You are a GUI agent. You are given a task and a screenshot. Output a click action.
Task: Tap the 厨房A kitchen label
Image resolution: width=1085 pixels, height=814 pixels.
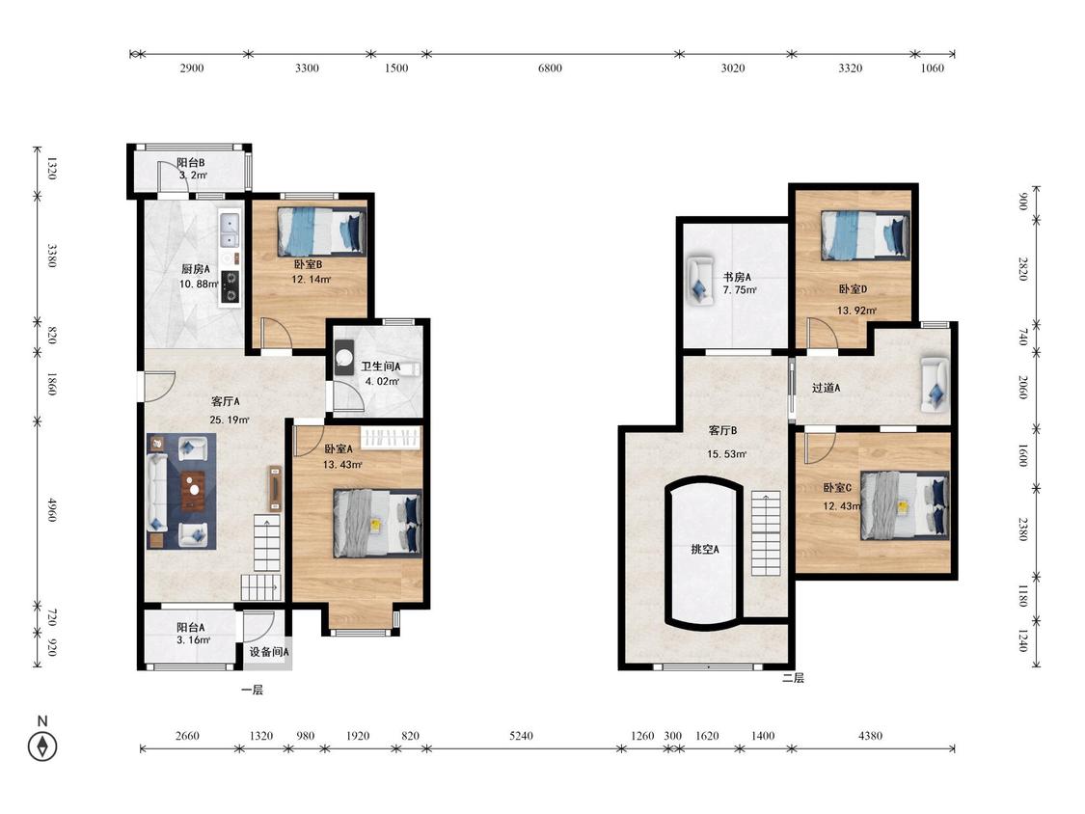pos(196,268)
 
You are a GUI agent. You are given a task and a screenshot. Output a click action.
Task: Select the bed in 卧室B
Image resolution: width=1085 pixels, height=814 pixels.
pos(322,231)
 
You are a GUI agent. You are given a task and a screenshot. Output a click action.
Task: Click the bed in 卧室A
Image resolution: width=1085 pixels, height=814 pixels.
pos(378,524)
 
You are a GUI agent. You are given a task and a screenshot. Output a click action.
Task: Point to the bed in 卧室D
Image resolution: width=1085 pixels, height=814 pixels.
pos(865,235)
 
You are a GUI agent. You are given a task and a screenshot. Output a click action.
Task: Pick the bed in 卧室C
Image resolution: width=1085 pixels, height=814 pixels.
pos(905,505)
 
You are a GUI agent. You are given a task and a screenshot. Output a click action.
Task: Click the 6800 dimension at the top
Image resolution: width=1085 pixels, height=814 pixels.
pos(550,68)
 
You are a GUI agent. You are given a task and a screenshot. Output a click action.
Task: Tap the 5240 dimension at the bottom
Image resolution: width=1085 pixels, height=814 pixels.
pos(521,736)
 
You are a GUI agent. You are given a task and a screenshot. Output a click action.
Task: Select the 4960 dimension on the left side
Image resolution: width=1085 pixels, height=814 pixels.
pos(51,509)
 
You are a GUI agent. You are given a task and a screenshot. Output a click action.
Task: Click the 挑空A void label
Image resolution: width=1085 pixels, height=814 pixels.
pos(705,550)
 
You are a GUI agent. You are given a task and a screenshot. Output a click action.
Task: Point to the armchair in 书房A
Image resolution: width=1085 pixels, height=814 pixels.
pos(700,281)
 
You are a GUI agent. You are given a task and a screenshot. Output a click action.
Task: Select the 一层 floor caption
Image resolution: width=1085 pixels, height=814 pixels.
pos(252,691)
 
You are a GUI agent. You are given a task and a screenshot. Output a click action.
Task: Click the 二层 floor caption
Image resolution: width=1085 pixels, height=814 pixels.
pos(793,678)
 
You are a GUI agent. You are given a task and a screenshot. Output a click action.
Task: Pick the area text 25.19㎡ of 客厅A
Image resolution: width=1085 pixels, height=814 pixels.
pos(229,420)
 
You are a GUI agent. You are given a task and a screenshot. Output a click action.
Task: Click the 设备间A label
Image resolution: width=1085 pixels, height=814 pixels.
pos(269,652)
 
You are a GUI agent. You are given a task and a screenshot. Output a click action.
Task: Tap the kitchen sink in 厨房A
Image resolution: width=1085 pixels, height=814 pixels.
pos(229,231)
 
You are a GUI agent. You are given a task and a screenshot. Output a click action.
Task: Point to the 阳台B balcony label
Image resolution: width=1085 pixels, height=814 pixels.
pos(190,163)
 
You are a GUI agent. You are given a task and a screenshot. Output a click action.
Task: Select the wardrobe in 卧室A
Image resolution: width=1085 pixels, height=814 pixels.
pos(391,439)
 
